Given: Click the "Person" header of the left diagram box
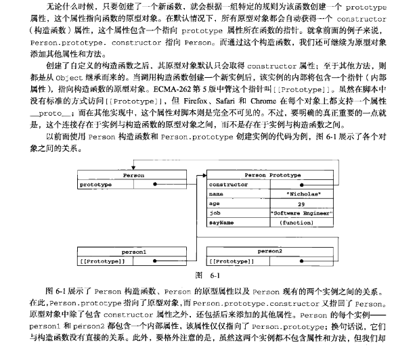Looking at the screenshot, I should [x=133, y=175].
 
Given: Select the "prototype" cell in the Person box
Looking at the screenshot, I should [x=95, y=184].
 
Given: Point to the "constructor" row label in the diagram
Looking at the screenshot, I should [x=229, y=184].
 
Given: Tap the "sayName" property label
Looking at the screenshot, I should [x=222, y=221].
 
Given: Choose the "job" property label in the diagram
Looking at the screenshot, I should [x=215, y=212].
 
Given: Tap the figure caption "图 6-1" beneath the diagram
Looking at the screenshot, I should [x=208, y=275].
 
